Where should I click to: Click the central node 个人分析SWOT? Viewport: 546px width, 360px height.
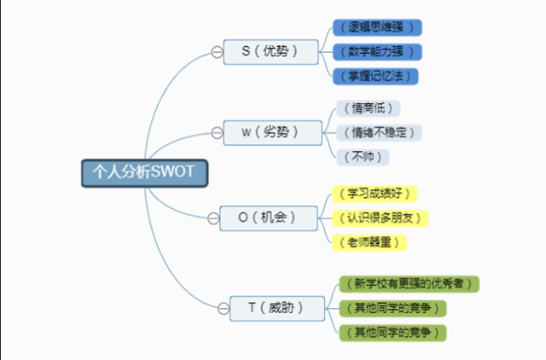(143, 171)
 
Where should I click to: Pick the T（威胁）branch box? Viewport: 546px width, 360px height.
(272, 307)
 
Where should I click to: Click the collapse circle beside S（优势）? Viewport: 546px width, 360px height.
(218, 53)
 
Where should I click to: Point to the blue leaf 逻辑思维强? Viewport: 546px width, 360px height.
(376, 28)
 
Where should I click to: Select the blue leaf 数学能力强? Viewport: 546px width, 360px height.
(376, 52)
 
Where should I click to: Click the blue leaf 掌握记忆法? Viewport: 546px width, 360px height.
(376, 76)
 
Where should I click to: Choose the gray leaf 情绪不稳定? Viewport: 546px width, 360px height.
(376, 132)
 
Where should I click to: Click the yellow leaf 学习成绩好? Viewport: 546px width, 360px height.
(375, 194)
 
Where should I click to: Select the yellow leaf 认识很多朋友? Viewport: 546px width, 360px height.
(380, 218)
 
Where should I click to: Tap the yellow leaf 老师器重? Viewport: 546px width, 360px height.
(369, 241)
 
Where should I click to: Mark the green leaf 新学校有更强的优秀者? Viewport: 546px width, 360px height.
(408, 283)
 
